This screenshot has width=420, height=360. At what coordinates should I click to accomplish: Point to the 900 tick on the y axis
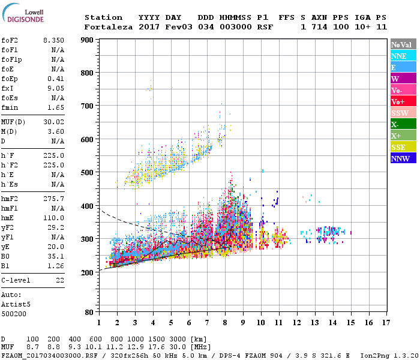coord(88,40)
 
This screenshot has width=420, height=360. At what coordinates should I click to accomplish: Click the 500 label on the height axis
coord(88,173)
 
